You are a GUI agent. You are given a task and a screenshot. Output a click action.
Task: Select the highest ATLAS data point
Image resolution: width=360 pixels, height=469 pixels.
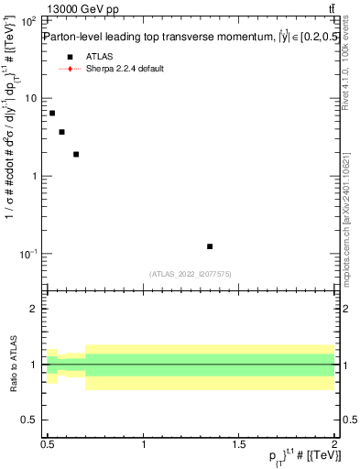tap(52, 113)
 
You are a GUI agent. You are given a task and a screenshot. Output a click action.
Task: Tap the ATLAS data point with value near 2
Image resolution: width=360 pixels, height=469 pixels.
tap(76, 154)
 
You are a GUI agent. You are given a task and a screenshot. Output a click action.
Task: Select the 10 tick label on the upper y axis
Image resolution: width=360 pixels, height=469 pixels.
tap(31, 98)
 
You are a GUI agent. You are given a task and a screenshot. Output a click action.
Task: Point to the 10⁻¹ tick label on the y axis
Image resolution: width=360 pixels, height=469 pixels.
tap(28, 254)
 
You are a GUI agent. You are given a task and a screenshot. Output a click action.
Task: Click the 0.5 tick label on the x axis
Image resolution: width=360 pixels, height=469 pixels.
tap(48, 444)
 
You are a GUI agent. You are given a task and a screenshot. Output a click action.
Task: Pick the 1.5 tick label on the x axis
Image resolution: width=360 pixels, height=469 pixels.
tap(240, 444)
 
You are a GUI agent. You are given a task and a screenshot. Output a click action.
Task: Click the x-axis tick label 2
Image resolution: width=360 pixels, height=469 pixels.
tap(335, 444)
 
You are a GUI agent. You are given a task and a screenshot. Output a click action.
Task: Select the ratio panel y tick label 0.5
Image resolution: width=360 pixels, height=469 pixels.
tap(30, 420)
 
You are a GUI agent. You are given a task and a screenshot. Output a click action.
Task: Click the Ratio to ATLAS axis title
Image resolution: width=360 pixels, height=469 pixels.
tap(11, 364)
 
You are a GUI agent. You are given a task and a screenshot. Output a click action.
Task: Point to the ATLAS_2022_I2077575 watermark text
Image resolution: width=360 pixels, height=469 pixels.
tap(191, 274)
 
